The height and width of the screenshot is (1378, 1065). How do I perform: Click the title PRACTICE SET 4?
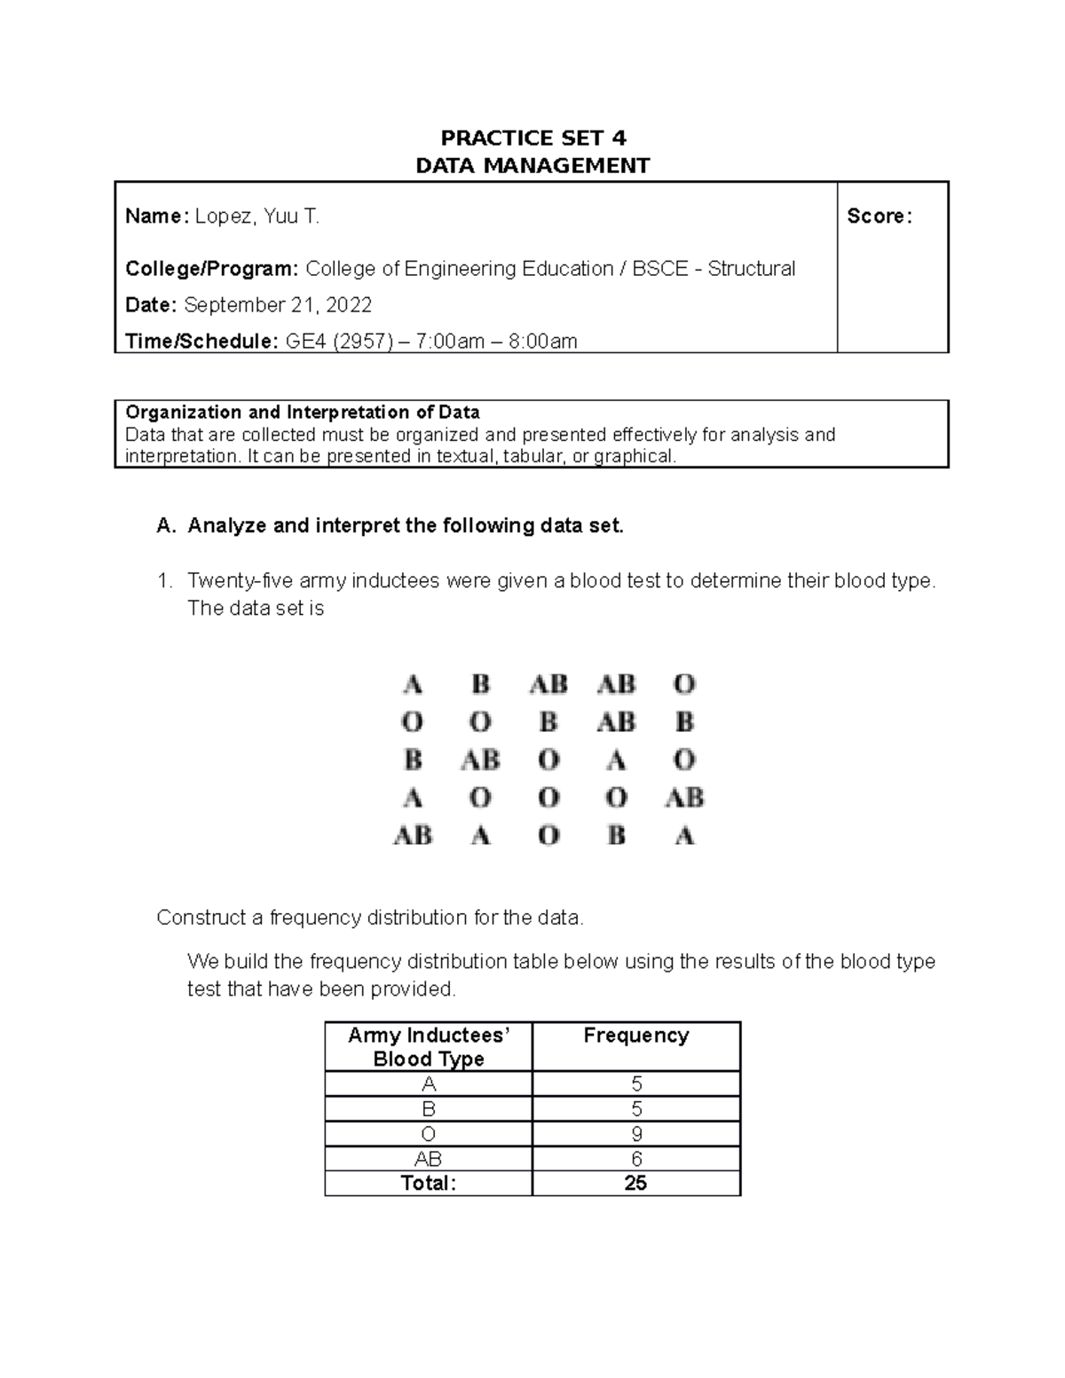tap(533, 138)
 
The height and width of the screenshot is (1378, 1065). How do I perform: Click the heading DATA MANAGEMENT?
tap(533, 166)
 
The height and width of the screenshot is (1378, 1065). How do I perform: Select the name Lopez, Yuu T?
tap(256, 216)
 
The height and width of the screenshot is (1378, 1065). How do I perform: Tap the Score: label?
tap(880, 216)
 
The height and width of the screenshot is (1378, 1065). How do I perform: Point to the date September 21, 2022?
tap(278, 305)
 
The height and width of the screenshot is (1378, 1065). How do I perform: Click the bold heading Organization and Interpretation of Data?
tap(303, 412)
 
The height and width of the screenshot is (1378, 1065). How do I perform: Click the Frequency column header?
tap(635, 1035)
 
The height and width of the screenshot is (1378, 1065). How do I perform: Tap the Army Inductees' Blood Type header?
tap(429, 1047)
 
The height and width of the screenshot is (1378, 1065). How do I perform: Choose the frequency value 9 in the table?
tap(636, 1134)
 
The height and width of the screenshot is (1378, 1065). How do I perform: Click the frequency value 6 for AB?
tap(636, 1159)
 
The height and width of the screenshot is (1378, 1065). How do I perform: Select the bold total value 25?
tap(635, 1184)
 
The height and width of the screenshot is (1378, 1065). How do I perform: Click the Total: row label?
tap(428, 1184)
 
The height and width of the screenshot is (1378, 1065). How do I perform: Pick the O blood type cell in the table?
tap(429, 1134)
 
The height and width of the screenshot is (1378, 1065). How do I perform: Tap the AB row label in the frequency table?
tap(429, 1159)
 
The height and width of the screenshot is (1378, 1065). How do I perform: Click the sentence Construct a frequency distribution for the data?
tap(370, 917)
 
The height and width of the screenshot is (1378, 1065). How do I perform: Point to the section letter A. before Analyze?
tap(166, 526)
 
